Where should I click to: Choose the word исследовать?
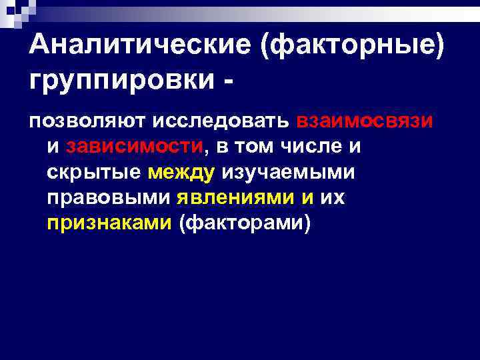coord(220,121)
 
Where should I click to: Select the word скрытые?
coord(94,172)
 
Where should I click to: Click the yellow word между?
coord(181,172)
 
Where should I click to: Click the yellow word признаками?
coord(109,223)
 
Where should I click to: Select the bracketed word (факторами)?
coord(245,223)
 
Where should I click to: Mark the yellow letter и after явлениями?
coord(306,197)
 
